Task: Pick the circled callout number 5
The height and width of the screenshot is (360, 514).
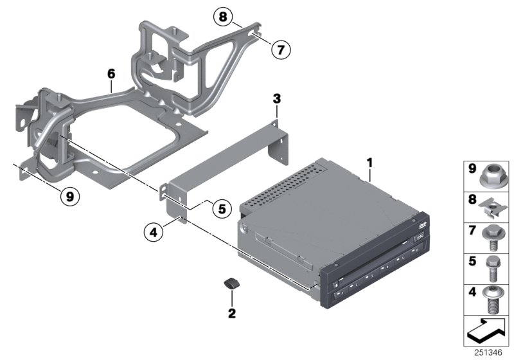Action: pyautogui.click(x=221, y=208)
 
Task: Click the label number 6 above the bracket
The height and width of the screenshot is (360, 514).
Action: pyautogui.click(x=111, y=75)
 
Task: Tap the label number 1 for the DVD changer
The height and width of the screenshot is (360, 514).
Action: pyautogui.click(x=369, y=156)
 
